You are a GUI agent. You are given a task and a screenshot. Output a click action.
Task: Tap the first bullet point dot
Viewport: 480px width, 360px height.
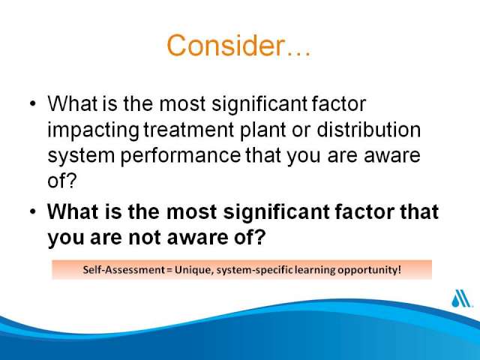coord(33,103)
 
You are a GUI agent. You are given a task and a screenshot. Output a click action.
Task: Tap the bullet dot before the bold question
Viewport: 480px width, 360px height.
coord(33,211)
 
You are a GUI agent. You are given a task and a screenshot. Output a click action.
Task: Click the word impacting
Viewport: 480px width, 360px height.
coord(93,130)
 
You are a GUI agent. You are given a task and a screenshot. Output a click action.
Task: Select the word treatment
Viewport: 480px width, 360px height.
coord(189,130)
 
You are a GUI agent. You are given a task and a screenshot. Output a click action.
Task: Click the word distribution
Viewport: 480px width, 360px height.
coord(368,130)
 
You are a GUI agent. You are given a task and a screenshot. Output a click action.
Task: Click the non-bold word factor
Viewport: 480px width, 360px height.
coord(338,103)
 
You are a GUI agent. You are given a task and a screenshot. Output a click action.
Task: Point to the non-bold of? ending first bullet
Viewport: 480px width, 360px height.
coord(61,181)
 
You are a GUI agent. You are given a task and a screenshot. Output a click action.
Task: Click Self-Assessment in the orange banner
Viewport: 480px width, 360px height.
coord(124,270)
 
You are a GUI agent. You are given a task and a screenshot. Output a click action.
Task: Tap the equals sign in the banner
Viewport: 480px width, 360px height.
coord(169,271)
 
